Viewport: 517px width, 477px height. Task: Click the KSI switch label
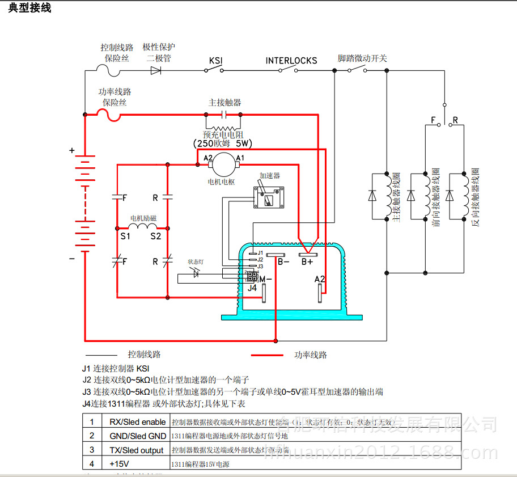[215, 61]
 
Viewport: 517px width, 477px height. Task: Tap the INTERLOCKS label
[291, 61]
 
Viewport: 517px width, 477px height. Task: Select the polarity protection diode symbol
[156, 71]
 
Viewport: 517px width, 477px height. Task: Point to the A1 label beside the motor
[240, 158]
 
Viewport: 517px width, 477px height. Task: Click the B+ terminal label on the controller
[307, 262]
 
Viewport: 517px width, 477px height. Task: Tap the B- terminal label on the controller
[283, 262]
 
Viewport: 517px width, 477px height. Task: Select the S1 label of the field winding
[125, 236]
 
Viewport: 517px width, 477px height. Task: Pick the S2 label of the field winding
[155, 236]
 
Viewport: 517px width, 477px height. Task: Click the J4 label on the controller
[252, 288]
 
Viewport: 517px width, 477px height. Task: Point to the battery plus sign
[72, 151]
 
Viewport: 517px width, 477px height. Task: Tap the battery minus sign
[72, 259]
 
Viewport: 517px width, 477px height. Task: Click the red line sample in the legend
[266, 355]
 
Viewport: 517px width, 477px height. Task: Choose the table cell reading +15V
[120, 464]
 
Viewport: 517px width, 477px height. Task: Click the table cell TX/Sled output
[136, 450]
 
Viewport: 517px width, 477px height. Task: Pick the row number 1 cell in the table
[91, 422]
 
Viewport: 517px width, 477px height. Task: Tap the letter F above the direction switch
[434, 121]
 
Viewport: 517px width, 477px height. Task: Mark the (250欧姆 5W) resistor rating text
[223, 143]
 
